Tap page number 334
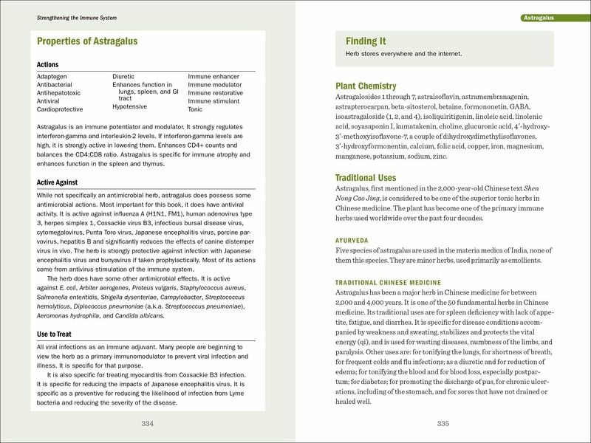pos(147,423)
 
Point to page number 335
pos(443,423)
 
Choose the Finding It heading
pos(366,41)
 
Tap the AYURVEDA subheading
pos(357,240)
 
